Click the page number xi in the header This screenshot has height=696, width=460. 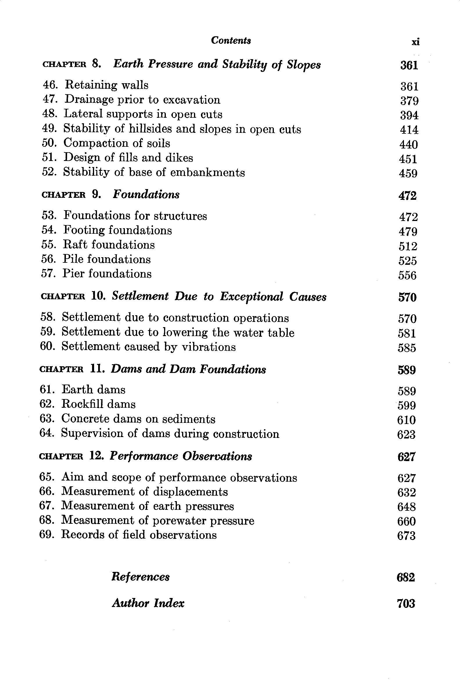pos(415,42)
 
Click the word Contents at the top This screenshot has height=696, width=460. pos(231,40)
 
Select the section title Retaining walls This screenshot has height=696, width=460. pos(106,85)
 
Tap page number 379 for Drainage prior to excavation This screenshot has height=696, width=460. pos(409,101)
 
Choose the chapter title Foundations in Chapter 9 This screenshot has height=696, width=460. pos(146,195)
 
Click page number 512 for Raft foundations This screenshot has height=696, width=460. pos(408,246)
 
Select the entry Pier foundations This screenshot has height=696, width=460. pos(107,274)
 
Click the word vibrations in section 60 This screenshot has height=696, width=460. pos(209,347)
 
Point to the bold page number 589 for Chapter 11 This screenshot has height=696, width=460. pos(407,370)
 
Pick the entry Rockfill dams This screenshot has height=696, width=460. pos(98,405)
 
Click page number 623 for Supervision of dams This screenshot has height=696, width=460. pos(406,434)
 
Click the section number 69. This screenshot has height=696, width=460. pos(46,535)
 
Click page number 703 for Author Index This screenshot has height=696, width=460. pos(406,604)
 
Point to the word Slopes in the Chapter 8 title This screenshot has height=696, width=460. pos(304,65)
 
